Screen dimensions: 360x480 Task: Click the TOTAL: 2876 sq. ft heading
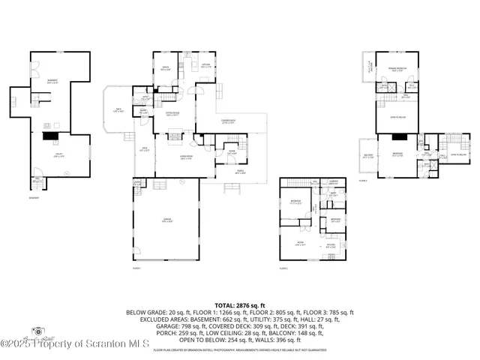point(239,305)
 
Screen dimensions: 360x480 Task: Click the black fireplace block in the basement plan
point(50,137)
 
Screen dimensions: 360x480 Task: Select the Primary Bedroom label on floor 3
point(397,69)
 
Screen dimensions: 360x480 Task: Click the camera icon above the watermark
point(34,331)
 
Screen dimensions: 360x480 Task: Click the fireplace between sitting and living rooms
point(175,137)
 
